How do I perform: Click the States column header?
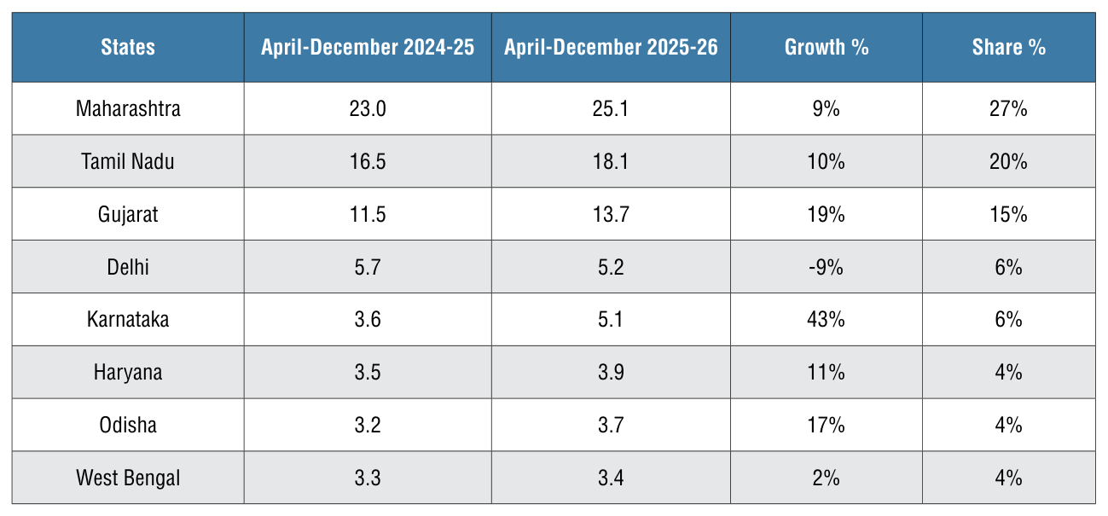click(128, 48)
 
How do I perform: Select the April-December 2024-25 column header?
click(368, 48)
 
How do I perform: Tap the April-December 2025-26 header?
click(611, 48)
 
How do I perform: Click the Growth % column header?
click(827, 48)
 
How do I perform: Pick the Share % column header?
click(1009, 48)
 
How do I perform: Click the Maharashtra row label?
click(128, 109)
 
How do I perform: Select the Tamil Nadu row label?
click(128, 162)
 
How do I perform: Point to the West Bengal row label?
click(128, 478)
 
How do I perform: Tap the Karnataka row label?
click(128, 320)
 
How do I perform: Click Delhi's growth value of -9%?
click(826, 267)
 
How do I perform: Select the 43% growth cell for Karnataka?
click(826, 320)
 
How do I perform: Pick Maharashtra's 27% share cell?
click(1008, 109)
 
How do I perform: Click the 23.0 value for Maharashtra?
click(368, 109)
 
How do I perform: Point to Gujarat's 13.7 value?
click(611, 215)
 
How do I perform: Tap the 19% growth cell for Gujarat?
click(826, 215)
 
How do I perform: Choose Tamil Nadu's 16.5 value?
click(368, 162)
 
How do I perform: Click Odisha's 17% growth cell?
click(826, 426)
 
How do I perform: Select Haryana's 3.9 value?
click(611, 373)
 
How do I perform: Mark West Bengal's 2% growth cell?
click(826, 478)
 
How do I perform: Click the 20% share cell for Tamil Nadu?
click(1008, 162)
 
